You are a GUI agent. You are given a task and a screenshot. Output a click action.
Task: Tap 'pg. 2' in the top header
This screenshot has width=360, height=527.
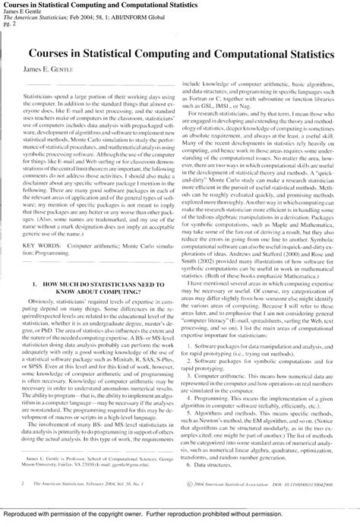[8, 24]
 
